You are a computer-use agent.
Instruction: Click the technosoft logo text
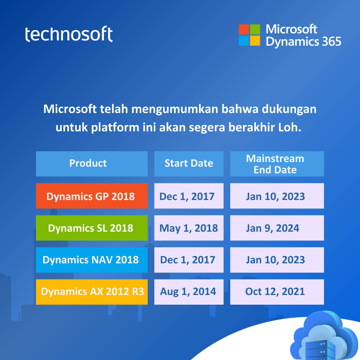click(69, 34)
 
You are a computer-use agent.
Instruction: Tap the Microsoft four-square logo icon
click(249, 35)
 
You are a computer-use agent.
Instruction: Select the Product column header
click(92, 164)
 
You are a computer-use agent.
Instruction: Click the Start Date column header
click(189, 164)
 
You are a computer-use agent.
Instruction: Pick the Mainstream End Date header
click(277, 164)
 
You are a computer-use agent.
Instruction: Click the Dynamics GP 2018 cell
click(92, 196)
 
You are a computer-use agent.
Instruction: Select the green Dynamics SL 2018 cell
click(92, 228)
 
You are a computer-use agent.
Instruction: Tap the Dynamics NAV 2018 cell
click(92, 260)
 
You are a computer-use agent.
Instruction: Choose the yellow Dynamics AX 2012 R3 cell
click(92, 292)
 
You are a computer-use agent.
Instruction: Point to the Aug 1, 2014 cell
click(189, 292)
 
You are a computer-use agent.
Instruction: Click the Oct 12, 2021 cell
click(277, 292)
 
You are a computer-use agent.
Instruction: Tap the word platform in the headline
click(115, 128)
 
